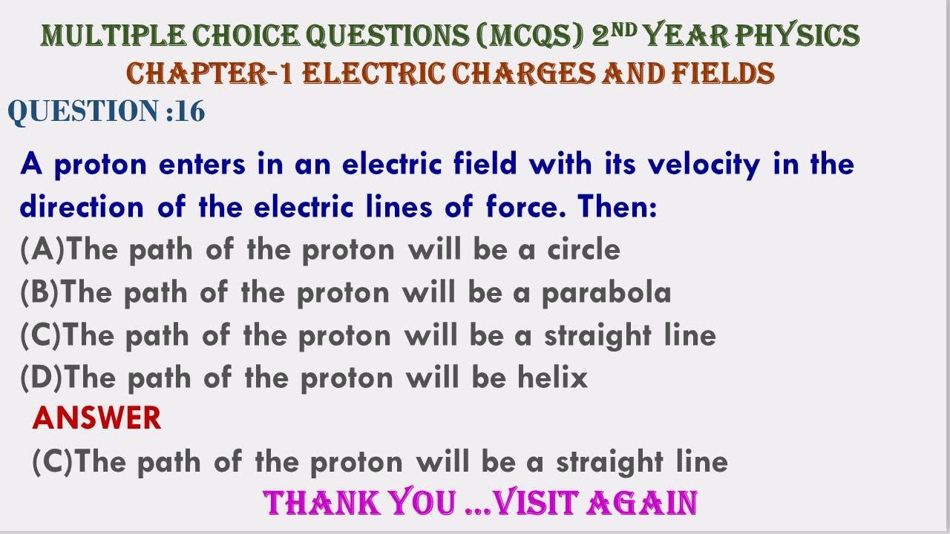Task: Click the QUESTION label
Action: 82,111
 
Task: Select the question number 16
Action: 190,111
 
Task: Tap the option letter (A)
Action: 42,251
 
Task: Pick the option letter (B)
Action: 41,294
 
